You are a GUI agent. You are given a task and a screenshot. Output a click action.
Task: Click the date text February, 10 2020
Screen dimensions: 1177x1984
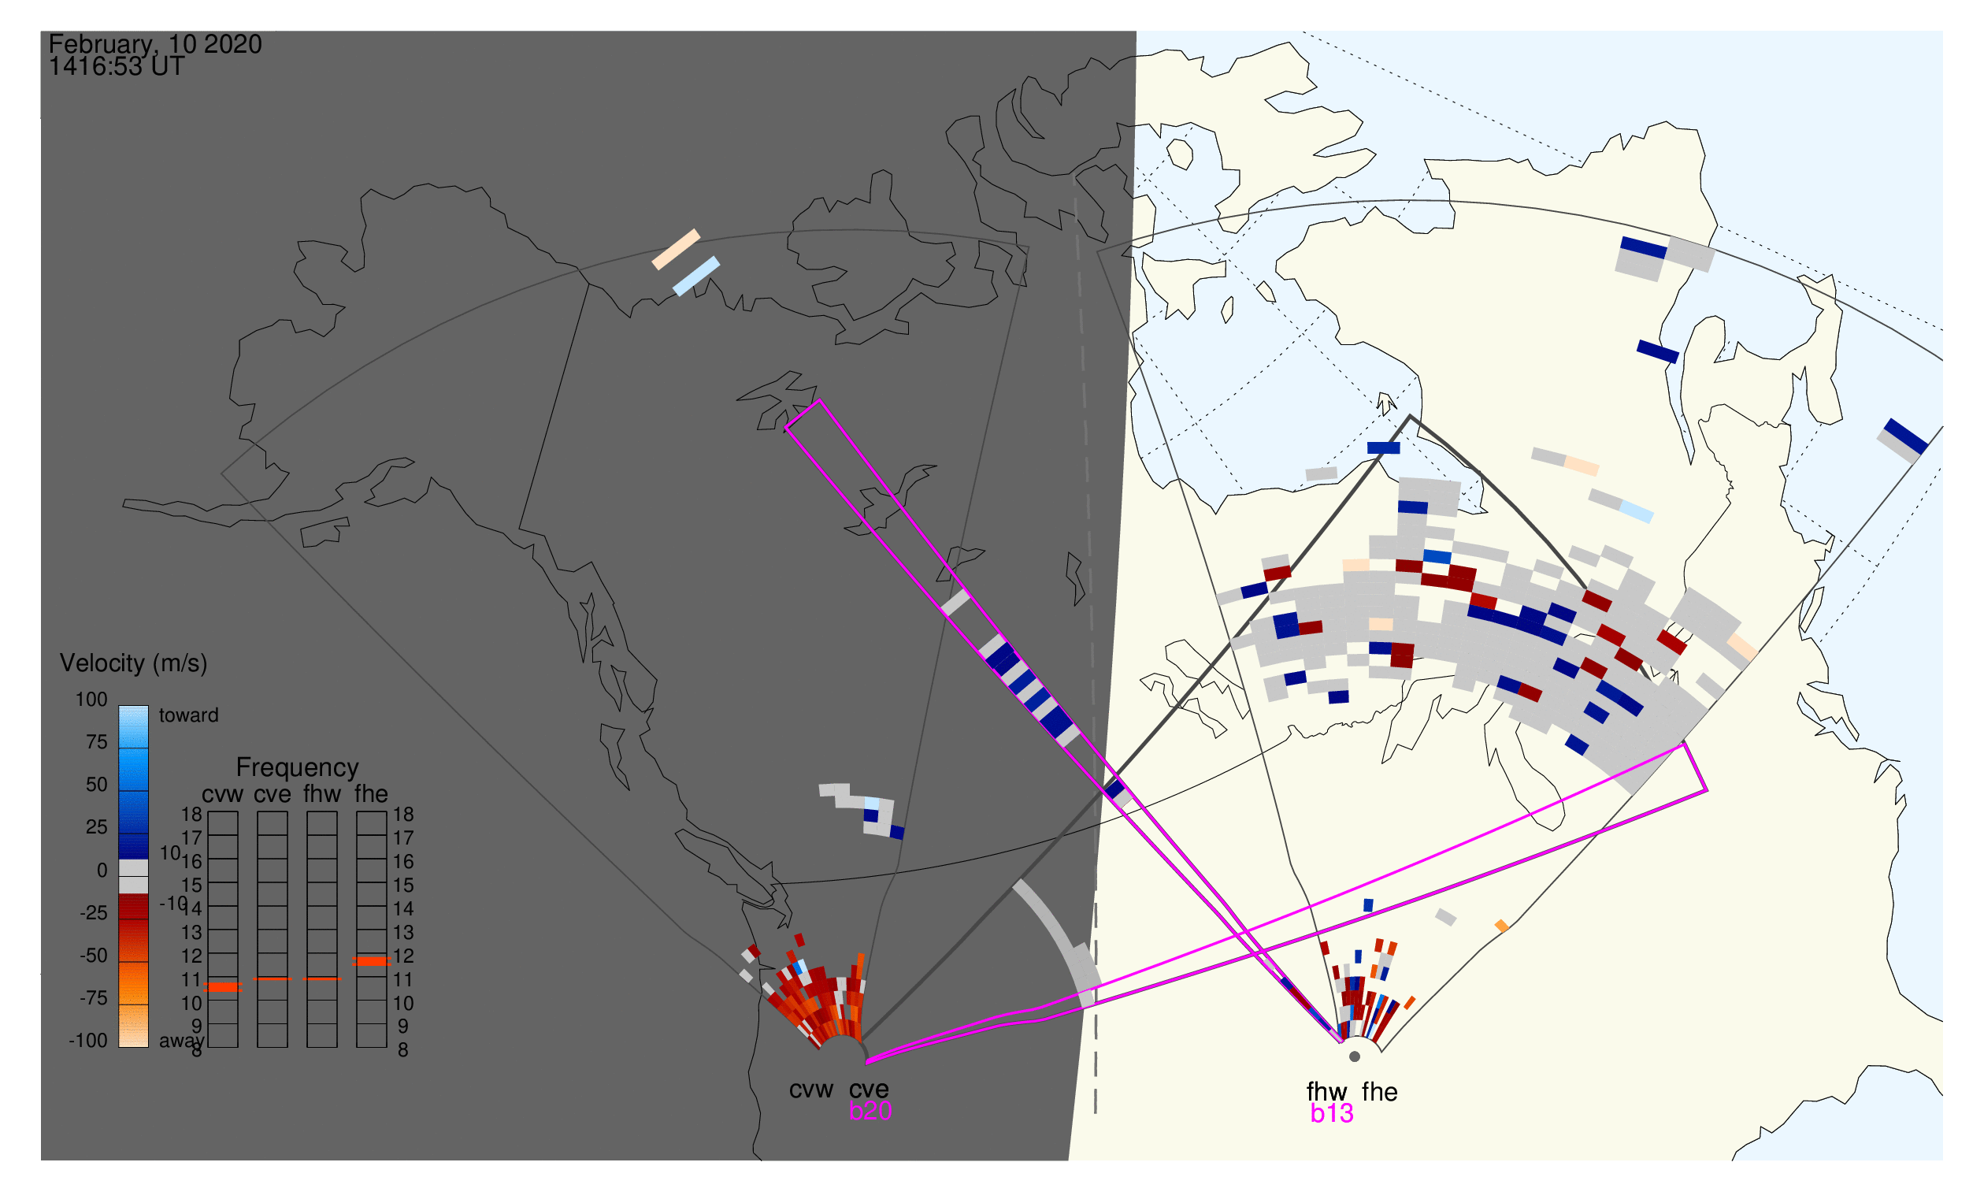click(155, 44)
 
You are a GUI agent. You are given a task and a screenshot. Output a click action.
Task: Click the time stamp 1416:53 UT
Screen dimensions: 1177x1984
click(117, 67)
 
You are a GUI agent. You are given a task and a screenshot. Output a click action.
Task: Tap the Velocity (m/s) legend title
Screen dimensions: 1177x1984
click(133, 663)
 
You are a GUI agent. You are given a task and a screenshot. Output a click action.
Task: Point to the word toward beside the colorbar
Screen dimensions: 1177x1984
click(189, 715)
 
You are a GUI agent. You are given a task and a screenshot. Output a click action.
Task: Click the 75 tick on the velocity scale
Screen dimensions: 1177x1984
click(96, 741)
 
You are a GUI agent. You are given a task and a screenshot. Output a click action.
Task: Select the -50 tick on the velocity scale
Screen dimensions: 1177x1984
click(94, 955)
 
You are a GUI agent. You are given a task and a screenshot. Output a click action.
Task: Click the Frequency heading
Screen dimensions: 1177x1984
click(298, 767)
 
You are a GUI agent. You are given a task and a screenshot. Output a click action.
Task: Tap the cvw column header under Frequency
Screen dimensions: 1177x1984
click(222, 794)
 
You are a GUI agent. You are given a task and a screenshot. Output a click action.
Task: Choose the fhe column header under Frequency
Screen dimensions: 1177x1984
click(371, 794)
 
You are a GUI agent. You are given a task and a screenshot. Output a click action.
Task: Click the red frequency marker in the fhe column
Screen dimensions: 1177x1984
click(371, 960)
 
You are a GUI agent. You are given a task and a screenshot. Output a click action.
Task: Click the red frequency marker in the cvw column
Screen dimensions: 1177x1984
click(223, 986)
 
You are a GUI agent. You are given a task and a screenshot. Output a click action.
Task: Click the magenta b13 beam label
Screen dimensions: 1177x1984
click(1331, 1113)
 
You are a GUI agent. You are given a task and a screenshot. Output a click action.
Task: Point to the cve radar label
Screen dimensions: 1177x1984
click(869, 1089)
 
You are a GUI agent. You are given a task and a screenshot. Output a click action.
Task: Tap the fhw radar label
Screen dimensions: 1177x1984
click(1326, 1091)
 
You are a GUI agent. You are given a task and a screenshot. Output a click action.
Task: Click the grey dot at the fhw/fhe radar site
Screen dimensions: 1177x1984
click(1355, 1056)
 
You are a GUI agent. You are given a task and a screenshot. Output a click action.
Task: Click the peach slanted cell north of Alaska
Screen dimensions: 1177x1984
click(676, 249)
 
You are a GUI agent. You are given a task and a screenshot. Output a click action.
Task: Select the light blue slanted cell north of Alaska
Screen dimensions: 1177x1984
click(696, 276)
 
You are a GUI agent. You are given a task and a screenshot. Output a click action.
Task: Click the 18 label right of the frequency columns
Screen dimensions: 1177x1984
click(402, 814)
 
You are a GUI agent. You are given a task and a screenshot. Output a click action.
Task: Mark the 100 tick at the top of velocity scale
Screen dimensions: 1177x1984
click(91, 700)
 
